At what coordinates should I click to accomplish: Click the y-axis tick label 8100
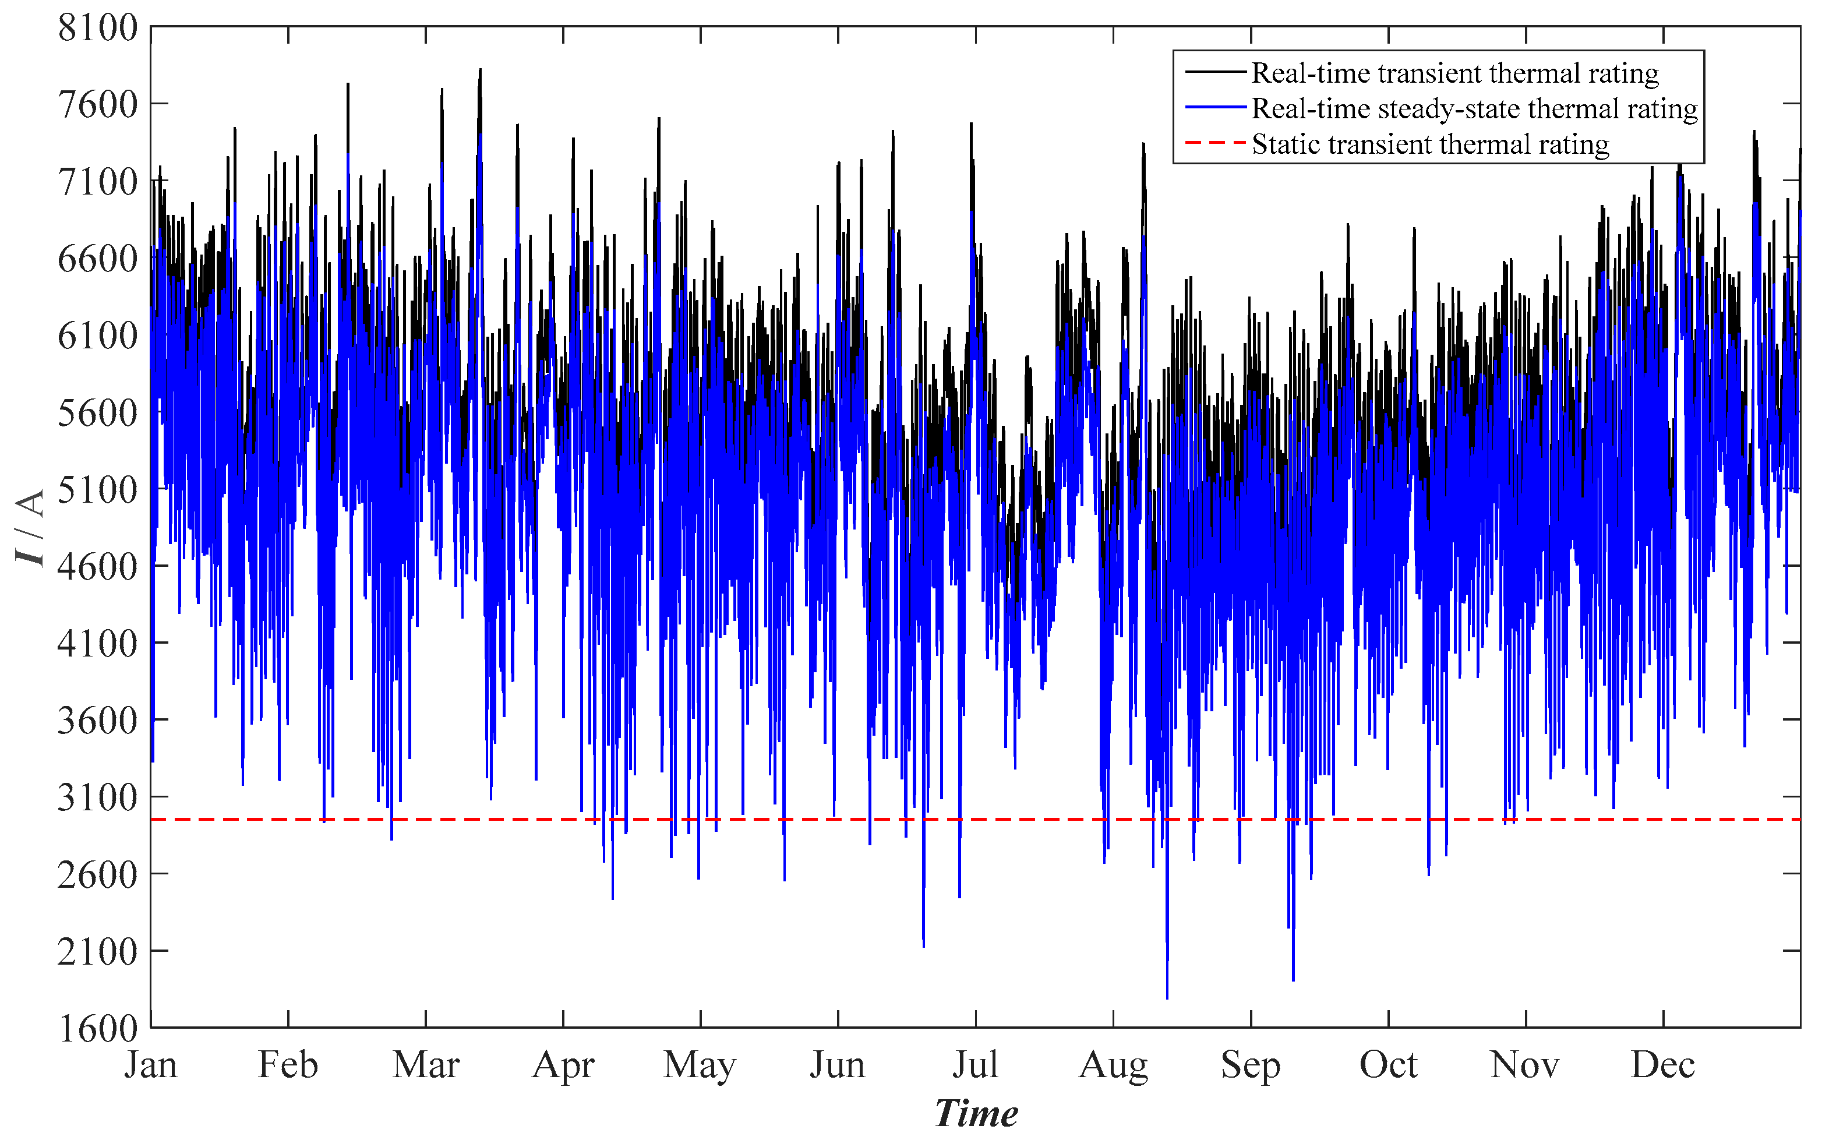pos(97,28)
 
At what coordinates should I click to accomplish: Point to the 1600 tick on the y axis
pos(97,1028)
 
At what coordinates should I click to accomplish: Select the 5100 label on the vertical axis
pos(97,489)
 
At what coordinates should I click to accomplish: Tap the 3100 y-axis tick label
pos(97,797)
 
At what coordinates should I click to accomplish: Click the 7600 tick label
pos(97,105)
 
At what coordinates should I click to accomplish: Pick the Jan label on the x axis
pos(151,1065)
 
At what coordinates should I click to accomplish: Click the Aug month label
pos(1113,1065)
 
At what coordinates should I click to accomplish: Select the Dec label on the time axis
pos(1662,1065)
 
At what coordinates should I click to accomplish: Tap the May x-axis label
pos(700,1065)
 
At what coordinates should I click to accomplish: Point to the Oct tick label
pos(1388,1065)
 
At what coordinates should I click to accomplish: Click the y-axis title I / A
pos(30,527)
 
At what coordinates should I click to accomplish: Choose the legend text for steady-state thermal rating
pos(1474,108)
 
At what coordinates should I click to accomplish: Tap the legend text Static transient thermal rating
pos(1430,144)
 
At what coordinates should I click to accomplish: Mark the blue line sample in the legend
pos(1214,108)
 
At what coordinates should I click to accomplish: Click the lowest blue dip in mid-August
pos(1167,997)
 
